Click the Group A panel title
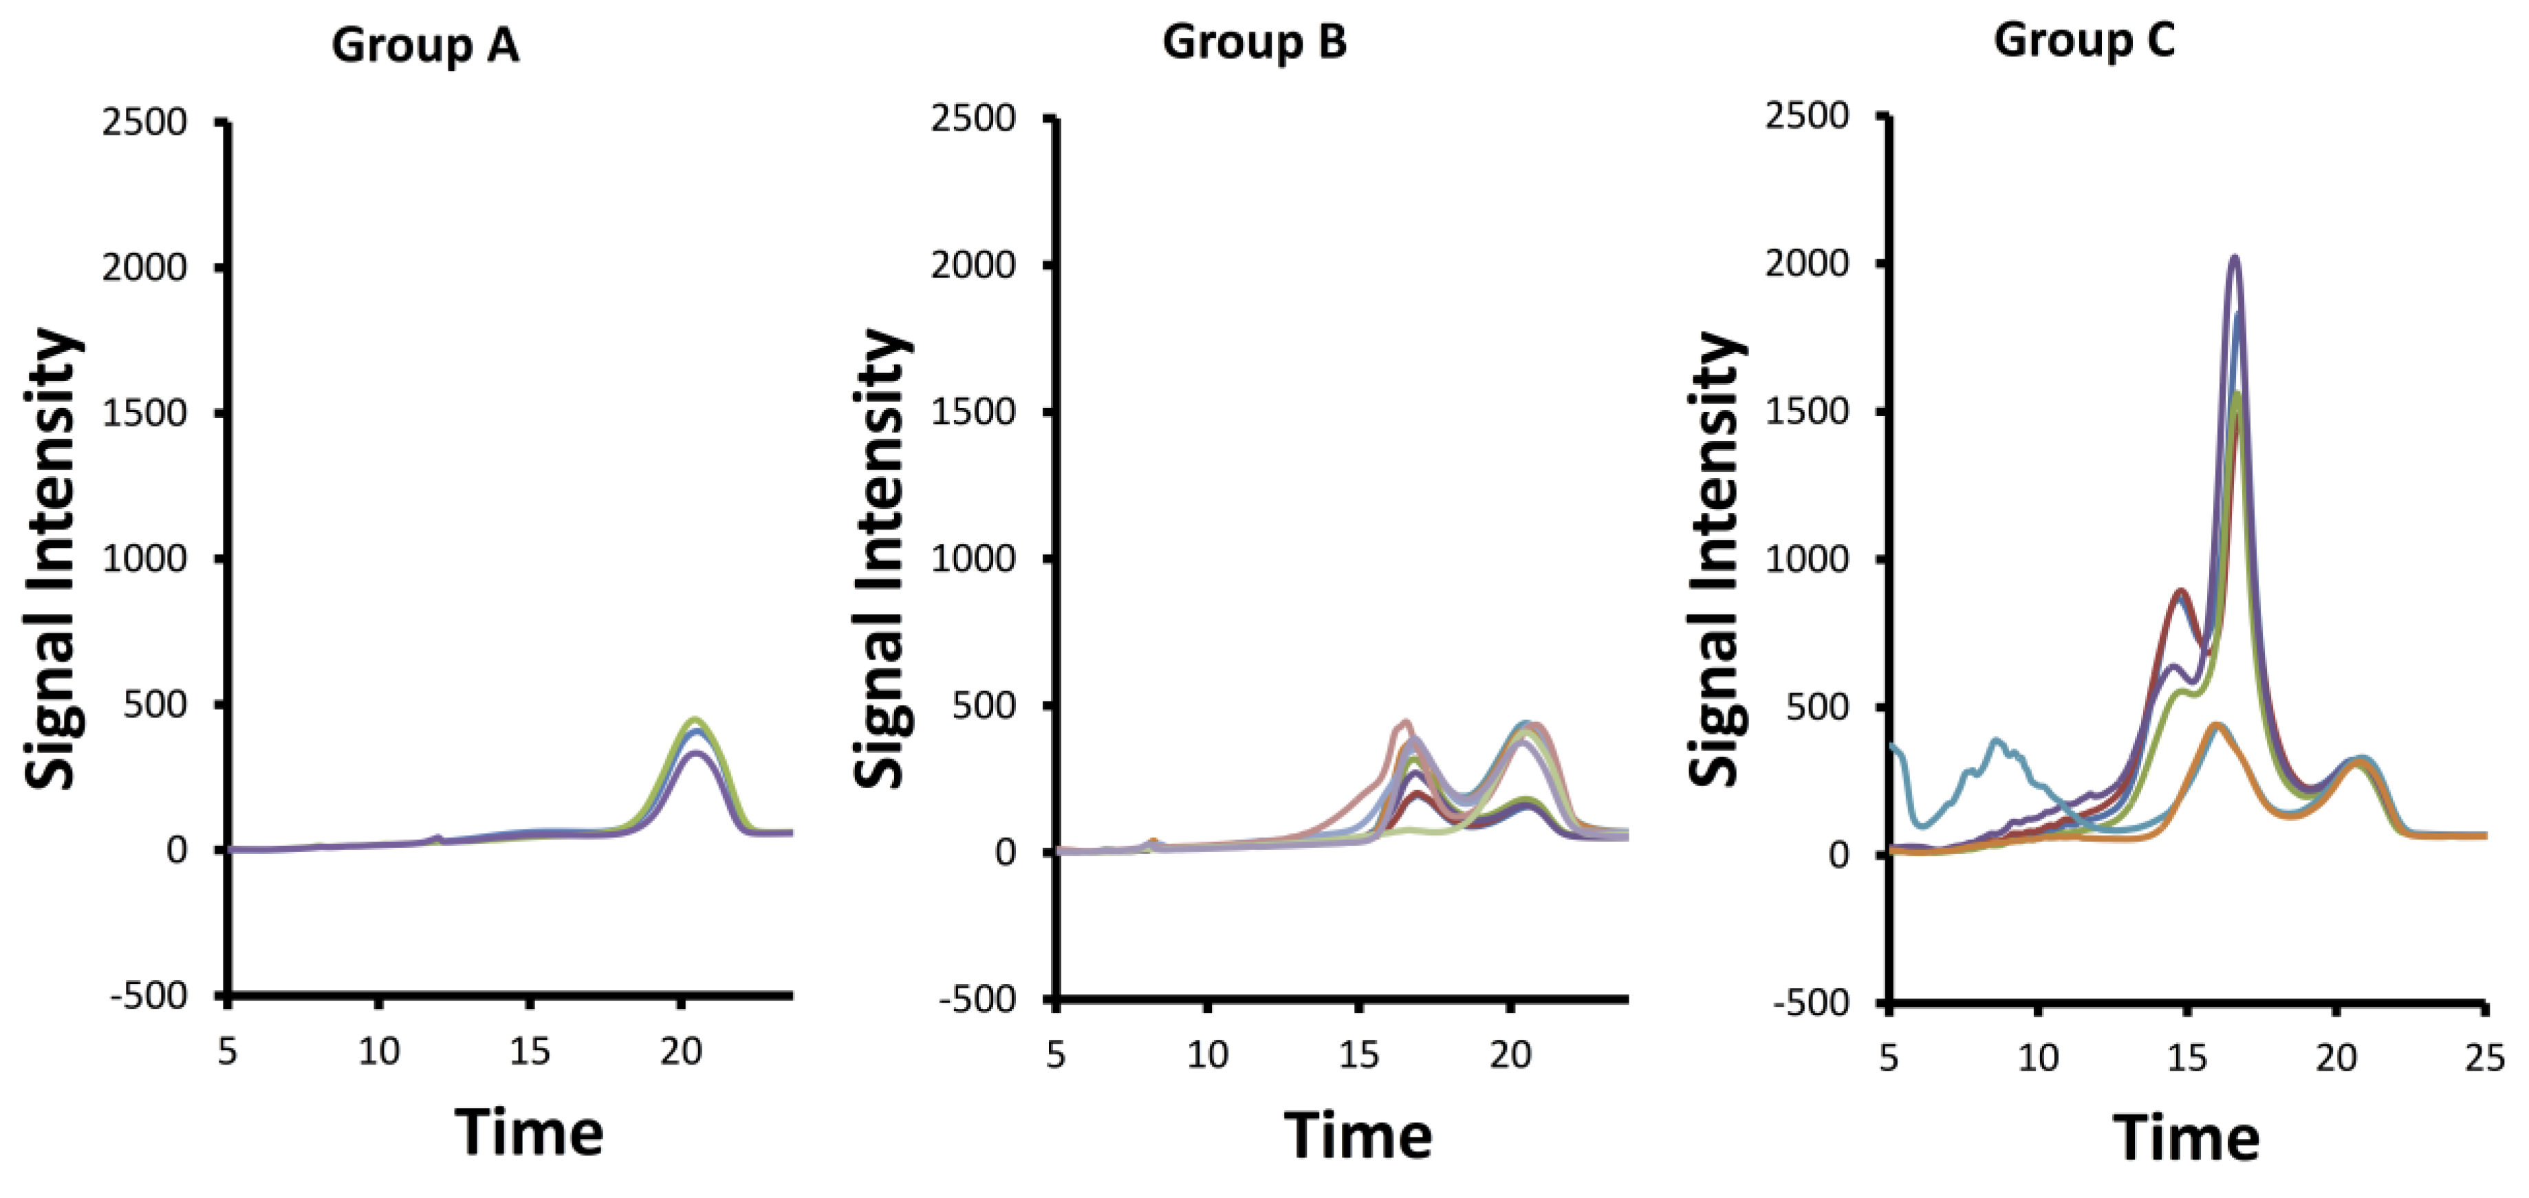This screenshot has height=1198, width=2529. click(x=424, y=45)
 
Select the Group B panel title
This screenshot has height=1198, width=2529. click(x=1254, y=42)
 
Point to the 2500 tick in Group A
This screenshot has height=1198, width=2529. click(x=144, y=122)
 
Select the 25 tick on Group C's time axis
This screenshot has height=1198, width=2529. click(x=2485, y=1058)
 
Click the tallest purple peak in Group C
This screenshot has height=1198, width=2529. click(x=2235, y=259)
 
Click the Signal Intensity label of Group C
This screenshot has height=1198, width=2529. click(x=1716, y=560)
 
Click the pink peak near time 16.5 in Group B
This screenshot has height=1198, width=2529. click(x=1404, y=723)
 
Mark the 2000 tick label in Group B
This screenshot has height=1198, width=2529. click(x=973, y=265)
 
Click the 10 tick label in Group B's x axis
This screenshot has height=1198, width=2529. click(x=1206, y=1056)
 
